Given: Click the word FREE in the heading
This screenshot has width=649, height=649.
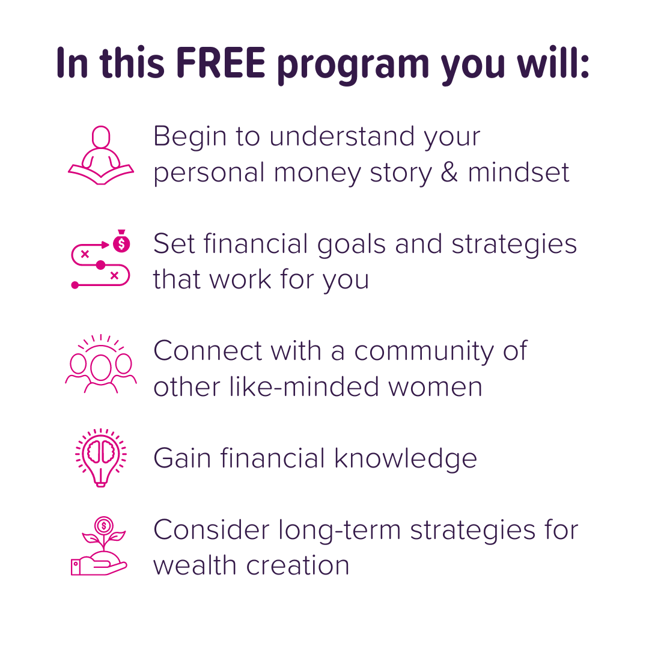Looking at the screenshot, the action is tap(221, 63).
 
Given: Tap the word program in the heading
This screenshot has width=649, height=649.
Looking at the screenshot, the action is tap(353, 66).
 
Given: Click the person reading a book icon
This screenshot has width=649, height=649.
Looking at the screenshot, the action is tap(101, 155).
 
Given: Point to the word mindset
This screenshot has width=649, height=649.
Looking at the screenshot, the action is tap(519, 171).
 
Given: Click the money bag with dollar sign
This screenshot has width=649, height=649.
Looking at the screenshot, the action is tap(121, 241).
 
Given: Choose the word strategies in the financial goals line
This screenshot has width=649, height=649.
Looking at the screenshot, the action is tap(514, 245).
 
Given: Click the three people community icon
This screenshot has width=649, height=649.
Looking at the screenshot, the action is tap(101, 364).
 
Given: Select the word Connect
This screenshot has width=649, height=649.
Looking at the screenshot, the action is tap(207, 350).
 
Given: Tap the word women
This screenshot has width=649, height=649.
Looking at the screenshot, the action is tap(436, 388).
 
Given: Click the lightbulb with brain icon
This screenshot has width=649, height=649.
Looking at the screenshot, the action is tap(101, 458).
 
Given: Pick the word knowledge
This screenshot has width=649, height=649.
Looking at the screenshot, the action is tap(406, 459).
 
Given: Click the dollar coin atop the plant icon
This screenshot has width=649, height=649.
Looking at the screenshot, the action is tap(104, 526).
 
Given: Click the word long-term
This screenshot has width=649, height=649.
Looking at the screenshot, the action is tap(340, 530).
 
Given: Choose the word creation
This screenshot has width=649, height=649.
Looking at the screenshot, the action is tap(297, 566).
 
